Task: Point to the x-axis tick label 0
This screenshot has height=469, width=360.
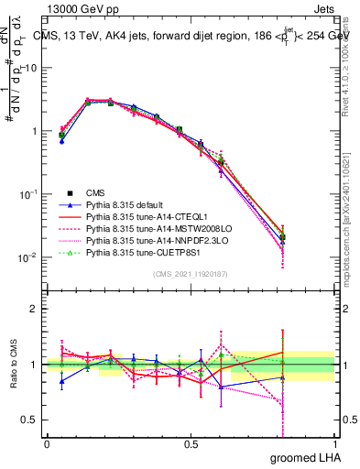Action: click(x=47, y=443)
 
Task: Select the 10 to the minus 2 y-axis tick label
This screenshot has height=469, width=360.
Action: click(x=27, y=257)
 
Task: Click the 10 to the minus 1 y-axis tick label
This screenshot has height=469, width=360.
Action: click(x=27, y=194)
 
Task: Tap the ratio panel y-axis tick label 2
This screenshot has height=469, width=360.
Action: click(x=37, y=309)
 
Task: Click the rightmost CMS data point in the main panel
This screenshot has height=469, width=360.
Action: click(x=282, y=237)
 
